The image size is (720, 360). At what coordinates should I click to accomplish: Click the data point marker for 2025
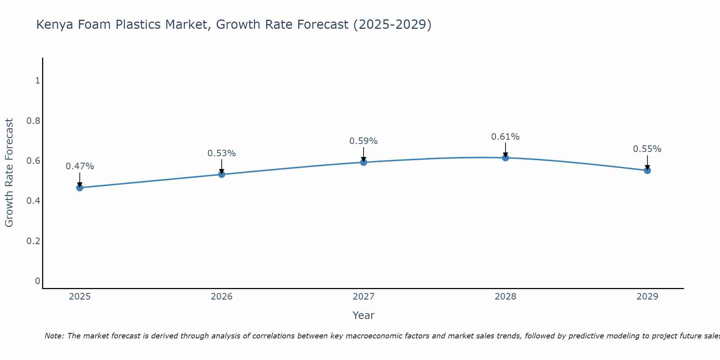(80, 188)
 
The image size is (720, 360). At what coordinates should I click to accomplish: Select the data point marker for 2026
(222, 174)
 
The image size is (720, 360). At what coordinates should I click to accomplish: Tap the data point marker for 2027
(364, 162)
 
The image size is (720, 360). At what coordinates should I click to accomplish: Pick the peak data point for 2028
(505, 158)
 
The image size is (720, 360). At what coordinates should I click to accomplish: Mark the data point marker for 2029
(647, 170)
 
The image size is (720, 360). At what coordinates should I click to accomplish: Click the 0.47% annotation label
(80, 166)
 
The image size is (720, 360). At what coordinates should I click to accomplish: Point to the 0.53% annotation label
(222, 153)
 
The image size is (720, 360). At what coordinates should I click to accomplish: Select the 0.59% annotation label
(364, 141)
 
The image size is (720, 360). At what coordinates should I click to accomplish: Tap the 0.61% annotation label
(505, 137)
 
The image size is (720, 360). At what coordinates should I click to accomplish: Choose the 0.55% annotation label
(647, 149)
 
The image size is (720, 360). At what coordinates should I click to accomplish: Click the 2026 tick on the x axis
(222, 297)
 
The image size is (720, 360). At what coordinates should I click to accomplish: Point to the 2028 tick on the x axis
(505, 297)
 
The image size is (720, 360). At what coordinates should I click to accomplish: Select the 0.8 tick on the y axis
(33, 121)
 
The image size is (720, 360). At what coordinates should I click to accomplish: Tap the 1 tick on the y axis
(37, 81)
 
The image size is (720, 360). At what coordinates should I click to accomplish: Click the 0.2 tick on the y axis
(33, 241)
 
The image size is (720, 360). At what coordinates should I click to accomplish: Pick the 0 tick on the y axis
(37, 281)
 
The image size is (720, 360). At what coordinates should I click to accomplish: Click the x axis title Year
(364, 315)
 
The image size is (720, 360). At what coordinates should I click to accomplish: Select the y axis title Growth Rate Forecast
(9, 173)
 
